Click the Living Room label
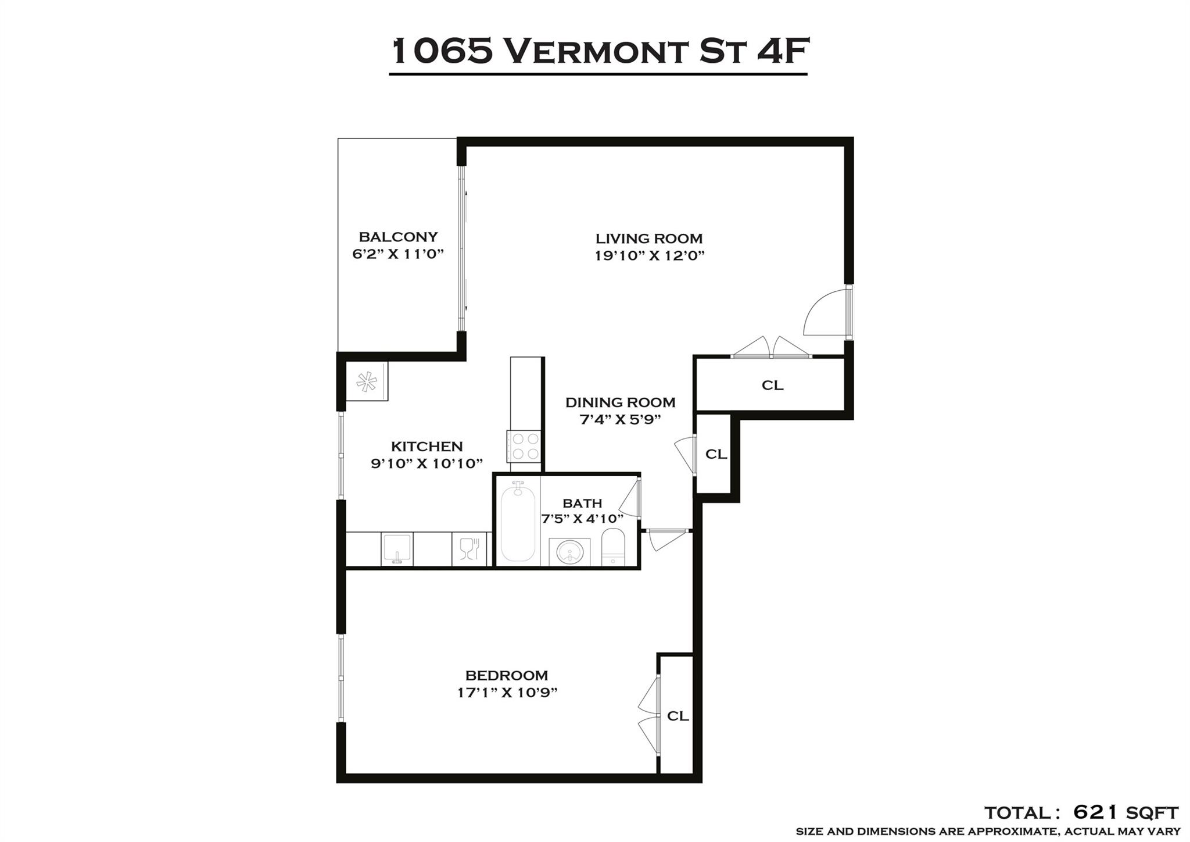tap(648, 238)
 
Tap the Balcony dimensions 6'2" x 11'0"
tap(398, 254)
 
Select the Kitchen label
tap(426, 447)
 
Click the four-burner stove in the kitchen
tap(525, 447)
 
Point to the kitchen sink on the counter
tap(397, 549)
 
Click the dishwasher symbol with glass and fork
tap(469, 549)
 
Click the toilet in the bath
tap(612, 547)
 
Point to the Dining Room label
tap(620, 402)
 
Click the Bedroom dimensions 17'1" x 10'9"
tap(507, 693)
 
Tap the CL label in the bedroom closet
tap(678, 716)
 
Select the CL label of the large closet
tap(772, 385)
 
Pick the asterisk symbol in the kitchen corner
tap(367, 382)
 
